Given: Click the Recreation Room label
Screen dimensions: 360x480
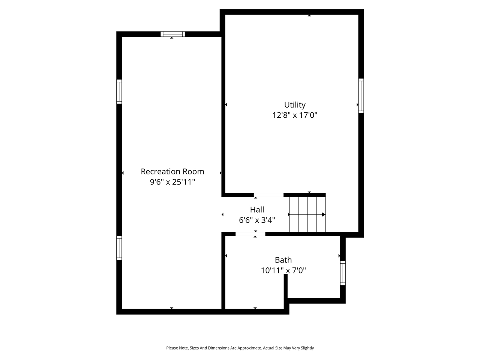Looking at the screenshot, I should (172, 172).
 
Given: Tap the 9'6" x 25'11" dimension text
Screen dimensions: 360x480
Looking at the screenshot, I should (172, 182).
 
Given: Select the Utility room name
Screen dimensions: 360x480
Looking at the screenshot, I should (295, 105).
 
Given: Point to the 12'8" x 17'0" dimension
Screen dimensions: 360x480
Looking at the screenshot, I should (295, 115).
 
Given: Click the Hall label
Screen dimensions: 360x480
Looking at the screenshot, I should (257, 210).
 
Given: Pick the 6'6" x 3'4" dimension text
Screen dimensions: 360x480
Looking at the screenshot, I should (257, 220).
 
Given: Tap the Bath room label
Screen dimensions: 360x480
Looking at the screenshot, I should (283, 260).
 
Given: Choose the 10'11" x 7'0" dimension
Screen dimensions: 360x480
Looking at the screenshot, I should (283, 270).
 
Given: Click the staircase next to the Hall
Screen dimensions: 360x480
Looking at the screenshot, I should (307, 214).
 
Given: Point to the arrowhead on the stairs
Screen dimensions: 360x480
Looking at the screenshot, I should (323, 214).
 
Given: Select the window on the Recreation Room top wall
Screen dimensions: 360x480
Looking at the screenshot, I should (172, 34).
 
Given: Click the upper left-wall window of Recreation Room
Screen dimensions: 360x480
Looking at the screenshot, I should (119, 91).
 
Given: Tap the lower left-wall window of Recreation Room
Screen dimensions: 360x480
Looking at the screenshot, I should (119, 248).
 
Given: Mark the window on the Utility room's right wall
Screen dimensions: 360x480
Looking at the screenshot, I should (361, 96).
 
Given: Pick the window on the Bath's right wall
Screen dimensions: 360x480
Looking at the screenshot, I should (343, 273).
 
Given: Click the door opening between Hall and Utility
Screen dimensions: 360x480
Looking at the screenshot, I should (268, 195).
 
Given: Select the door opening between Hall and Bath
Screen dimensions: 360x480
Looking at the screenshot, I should (250, 234).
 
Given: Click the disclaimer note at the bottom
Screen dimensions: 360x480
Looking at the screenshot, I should (240, 348).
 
